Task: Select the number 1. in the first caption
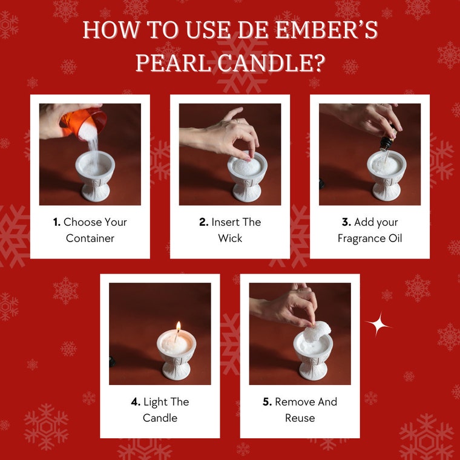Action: [x=57, y=222]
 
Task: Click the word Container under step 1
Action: [x=90, y=238]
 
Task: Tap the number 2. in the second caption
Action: [x=203, y=222]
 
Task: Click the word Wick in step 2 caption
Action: [x=230, y=238]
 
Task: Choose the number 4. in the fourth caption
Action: [x=136, y=402]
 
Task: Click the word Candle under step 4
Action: [x=160, y=418]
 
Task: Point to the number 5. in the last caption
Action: [x=267, y=402]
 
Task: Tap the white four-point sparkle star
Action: [x=379, y=325]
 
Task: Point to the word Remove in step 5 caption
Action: [x=295, y=402]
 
